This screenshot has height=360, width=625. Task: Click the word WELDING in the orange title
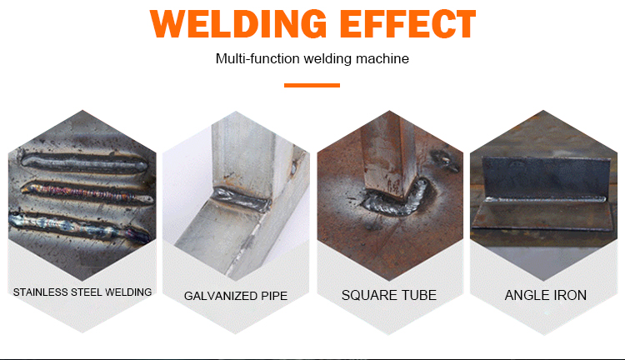(238, 24)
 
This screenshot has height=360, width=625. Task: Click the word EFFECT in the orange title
(407, 24)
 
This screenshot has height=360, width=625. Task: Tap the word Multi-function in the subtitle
(257, 58)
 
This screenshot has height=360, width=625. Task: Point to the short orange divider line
(312, 85)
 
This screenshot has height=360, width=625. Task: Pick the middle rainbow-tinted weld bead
(87, 192)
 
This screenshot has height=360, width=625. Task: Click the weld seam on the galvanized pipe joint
(242, 199)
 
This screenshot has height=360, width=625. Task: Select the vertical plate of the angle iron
(546, 177)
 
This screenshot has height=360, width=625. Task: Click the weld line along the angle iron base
(544, 198)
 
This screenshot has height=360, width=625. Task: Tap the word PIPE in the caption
(274, 296)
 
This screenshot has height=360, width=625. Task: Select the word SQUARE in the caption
(368, 295)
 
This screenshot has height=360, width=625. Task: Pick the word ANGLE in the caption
(525, 295)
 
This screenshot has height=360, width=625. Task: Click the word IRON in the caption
(568, 295)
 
